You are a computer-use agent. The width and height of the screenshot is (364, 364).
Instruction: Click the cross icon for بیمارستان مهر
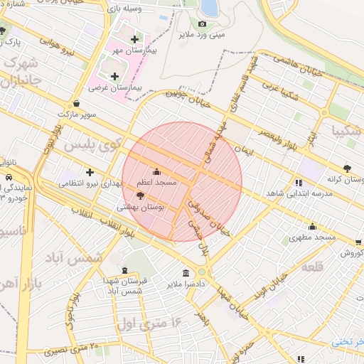(x=134, y=38)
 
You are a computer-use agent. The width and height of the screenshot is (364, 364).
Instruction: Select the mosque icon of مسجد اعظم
(x=156, y=171)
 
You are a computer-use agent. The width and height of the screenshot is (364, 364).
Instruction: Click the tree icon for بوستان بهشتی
(x=139, y=195)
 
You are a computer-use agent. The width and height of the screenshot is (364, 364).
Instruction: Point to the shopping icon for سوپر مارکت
(x=76, y=102)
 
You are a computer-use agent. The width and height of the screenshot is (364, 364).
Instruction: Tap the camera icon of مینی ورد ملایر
(x=202, y=23)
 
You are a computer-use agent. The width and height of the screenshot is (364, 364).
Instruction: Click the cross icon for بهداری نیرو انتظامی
(x=90, y=172)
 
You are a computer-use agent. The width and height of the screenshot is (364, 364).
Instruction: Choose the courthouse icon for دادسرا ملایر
(x=186, y=273)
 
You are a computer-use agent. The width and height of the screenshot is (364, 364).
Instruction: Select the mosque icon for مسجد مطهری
(x=312, y=227)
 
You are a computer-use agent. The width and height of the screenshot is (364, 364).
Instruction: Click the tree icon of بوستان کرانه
(x=346, y=168)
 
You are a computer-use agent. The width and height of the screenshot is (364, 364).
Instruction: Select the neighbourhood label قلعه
(x=314, y=267)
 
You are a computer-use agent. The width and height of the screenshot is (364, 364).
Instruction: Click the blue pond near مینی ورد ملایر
(x=209, y=7)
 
